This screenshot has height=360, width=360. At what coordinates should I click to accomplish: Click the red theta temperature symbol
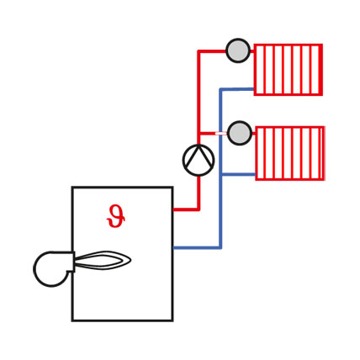click(x=115, y=216)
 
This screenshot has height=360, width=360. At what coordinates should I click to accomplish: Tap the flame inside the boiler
click(x=103, y=261)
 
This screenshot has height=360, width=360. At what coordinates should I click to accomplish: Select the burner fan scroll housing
click(x=53, y=268)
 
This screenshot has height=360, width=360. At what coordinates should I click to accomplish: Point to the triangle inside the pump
click(x=199, y=156)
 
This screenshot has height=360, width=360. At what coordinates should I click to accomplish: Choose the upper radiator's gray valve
click(x=238, y=50)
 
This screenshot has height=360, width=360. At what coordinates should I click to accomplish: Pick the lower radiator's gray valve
click(x=240, y=133)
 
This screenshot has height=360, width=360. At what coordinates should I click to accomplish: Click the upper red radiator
click(x=289, y=70)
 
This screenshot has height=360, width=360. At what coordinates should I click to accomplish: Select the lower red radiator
click(x=290, y=153)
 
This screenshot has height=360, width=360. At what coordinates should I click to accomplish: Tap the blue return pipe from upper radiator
click(x=237, y=89)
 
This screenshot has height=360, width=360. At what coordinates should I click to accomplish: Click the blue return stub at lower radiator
click(x=238, y=174)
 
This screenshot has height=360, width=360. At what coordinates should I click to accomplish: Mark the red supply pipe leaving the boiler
click(x=186, y=209)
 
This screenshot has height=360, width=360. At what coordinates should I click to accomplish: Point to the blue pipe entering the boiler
click(x=197, y=247)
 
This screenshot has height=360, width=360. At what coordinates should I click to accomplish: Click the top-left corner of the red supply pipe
click(x=199, y=51)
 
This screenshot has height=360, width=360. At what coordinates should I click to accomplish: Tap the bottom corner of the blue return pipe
click(x=220, y=247)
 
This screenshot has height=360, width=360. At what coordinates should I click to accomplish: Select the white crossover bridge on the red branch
click(x=220, y=134)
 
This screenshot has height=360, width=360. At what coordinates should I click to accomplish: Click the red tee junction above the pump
click(x=199, y=134)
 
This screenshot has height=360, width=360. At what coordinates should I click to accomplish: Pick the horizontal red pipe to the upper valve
click(x=212, y=51)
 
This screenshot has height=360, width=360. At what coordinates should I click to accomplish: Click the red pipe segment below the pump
click(x=199, y=193)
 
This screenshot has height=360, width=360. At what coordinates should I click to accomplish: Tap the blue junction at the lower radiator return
click(x=221, y=174)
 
